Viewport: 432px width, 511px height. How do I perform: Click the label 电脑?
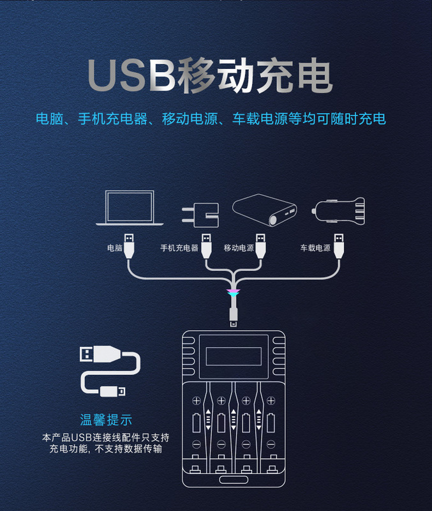coord(115,248)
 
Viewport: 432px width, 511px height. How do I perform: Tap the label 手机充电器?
coord(179,248)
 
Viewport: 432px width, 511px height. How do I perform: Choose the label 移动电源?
coord(239,248)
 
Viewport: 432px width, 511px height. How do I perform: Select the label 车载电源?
coord(316,248)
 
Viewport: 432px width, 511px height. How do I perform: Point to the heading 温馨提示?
coord(106,420)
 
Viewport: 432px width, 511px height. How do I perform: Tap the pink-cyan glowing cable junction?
coord(234,293)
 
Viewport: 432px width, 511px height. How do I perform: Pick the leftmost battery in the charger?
coord(196,422)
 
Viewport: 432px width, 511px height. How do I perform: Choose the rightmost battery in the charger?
coord(271,422)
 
